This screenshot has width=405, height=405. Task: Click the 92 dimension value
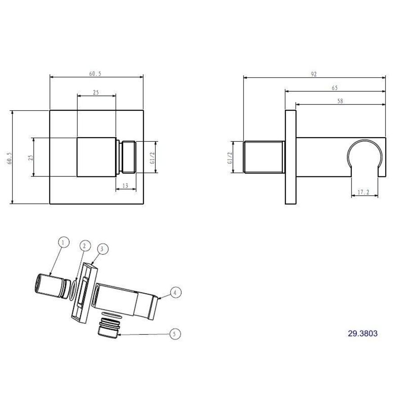(x=314, y=74)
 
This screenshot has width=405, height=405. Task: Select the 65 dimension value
(x=334, y=88)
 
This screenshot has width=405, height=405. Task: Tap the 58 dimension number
(x=340, y=101)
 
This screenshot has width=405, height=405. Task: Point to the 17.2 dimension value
(x=364, y=192)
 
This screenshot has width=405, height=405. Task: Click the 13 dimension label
(x=125, y=186)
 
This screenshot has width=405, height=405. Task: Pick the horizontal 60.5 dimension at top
(x=95, y=74)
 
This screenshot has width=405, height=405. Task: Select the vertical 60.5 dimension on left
(x=9, y=158)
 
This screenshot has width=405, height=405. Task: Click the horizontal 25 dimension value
(x=96, y=92)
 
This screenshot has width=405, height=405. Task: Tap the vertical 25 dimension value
(x=31, y=158)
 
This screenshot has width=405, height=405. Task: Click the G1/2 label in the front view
(x=152, y=158)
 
